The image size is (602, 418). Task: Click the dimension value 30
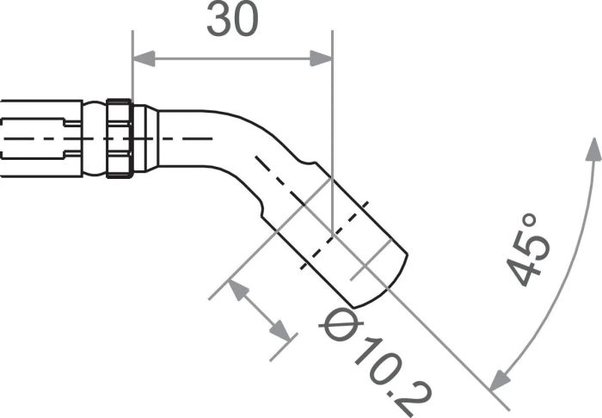(232, 22)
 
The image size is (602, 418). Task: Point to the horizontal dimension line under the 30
(232, 58)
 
